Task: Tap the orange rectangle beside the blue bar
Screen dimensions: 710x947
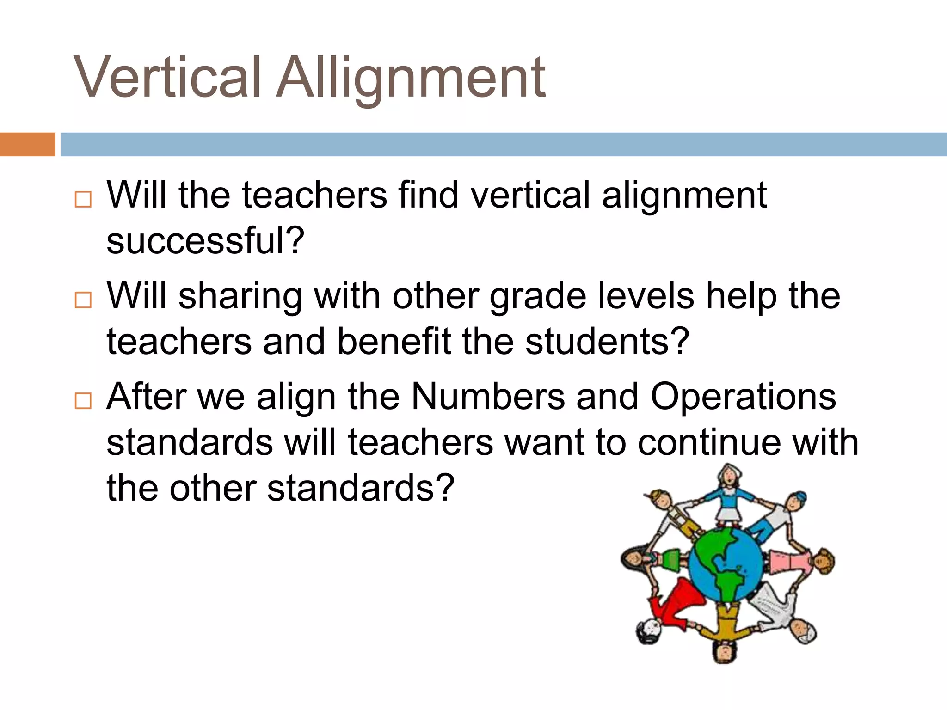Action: coord(27,144)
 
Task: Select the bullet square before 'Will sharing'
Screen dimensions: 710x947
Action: coord(83,300)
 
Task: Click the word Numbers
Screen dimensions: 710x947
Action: coord(488,397)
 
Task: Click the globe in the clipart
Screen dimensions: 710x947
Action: coord(726,565)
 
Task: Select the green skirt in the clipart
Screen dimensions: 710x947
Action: coord(670,560)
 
